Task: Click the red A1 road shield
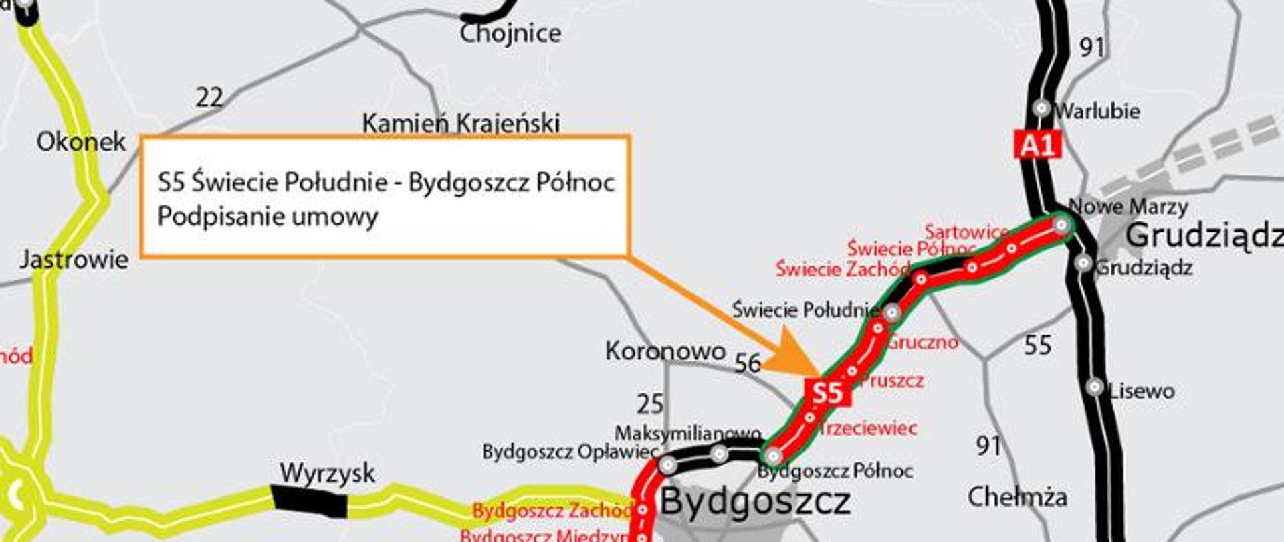pyautogui.click(x=1038, y=145)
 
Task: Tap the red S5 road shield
pyautogui.click(x=827, y=392)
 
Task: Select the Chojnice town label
pyautogui.click(x=510, y=33)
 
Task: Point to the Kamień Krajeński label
pyautogui.click(x=461, y=123)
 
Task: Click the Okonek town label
pyautogui.click(x=81, y=142)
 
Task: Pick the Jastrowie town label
pyautogui.click(x=74, y=260)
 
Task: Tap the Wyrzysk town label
pyautogui.click(x=327, y=473)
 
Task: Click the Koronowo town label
pyautogui.click(x=665, y=351)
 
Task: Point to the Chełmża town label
pyautogui.click(x=1017, y=497)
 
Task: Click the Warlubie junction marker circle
pyautogui.click(x=1041, y=108)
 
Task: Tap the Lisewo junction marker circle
pyautogui.click(x=1095, y=387)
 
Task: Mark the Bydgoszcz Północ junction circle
pyautogui.click(x=773, y=456)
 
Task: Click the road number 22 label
pyautogui.click(x=209, y=98)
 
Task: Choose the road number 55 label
pyautogui.click(x=1038, y=345)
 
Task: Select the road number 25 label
pyautogui.click(x=650, y=404)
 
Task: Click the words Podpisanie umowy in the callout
pyautogui.click(x=267, y=217)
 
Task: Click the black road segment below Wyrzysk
pyautogui.click(x=309, y=502)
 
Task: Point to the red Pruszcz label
pyautogui.click(x=891, y=381)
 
